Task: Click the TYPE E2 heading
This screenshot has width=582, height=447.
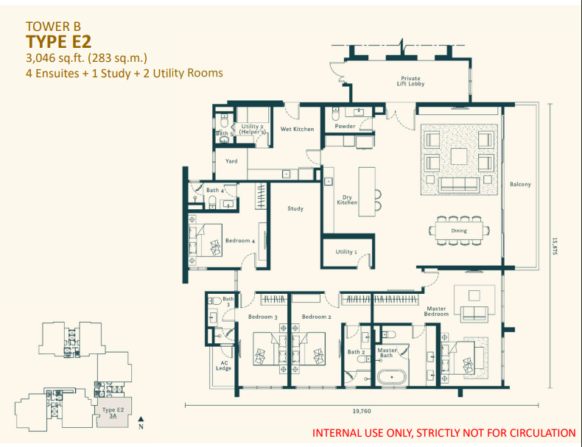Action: click(59, 41)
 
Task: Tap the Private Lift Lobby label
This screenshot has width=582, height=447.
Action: click(410, 81)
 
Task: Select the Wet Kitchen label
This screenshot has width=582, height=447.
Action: click(297, 129)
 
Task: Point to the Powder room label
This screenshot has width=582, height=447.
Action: click(345, 126)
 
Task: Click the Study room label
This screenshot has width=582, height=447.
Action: click(295, 208)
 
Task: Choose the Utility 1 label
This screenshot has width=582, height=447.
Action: click(346, 252)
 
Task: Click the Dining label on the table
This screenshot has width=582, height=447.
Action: click(459, 230)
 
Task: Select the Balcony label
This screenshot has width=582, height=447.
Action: click(520, 184)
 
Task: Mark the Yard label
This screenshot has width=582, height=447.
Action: click(231, 161)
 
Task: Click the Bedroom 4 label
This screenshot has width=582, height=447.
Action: click(239, 241)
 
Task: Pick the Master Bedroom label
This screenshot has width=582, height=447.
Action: click(437, 311)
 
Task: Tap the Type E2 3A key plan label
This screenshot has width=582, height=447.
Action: click(112, 412)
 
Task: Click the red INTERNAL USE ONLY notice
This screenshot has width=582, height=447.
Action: click(444, 433)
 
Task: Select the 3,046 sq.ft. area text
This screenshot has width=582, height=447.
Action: click(96, 57)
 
